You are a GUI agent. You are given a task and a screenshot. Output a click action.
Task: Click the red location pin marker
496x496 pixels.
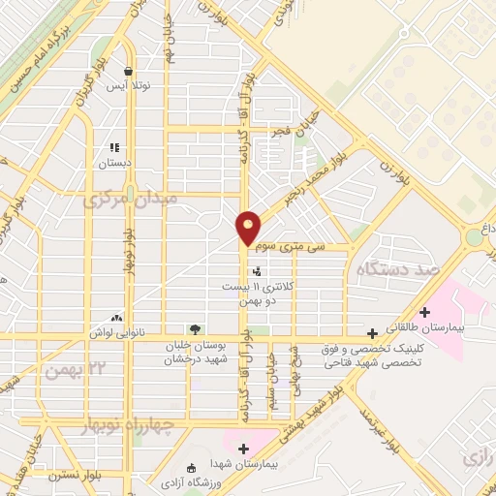249,227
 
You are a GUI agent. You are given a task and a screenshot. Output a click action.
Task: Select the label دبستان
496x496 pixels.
114,165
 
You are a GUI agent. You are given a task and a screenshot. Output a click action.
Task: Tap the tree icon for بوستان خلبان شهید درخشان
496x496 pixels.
195,329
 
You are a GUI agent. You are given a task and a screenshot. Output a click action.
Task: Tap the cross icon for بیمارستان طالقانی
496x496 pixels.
423,312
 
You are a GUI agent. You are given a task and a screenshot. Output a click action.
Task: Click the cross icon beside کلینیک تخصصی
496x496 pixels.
372,331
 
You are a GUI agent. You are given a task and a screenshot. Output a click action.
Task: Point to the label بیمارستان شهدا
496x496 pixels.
242,464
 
